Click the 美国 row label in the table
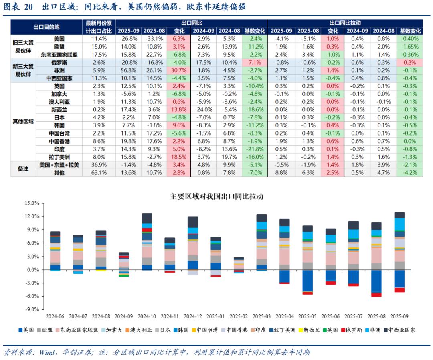click(59, 39)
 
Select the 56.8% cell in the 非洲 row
click(129, 70)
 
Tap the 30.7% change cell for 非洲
click(179, 70)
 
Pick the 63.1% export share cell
click(99, 172)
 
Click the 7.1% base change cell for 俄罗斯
click(255, 63)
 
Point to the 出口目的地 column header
click(46, 27)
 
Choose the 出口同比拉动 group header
click(345, 23)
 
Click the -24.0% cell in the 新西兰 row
click(203, 109)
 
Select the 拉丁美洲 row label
click(59, 157)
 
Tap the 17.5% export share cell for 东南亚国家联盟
click(99, 55)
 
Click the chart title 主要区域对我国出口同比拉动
click(216, 196)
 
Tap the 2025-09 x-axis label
click(399, 317)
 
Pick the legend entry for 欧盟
click(45, 330)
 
